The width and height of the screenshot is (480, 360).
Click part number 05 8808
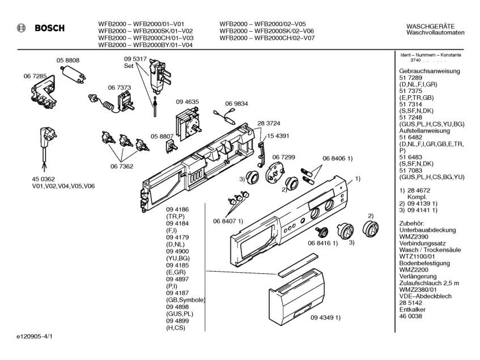(x=67, y=60)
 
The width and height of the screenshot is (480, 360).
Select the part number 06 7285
(x=35, y=75)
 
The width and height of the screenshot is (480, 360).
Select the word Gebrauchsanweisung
(x=430, y=71)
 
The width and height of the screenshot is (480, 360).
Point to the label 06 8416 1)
(x=322, y=243)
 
